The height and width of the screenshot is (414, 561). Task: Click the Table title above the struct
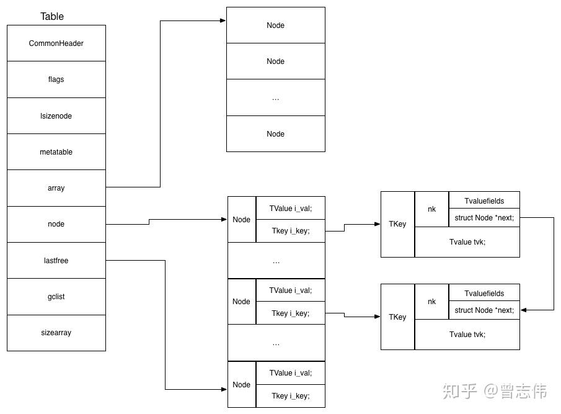point(52,17)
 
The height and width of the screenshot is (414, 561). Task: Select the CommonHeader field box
point(56,43)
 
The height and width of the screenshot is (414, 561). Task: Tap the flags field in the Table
point(56,79)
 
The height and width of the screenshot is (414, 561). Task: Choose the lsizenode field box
point(56,116)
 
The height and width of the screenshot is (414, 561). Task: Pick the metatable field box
point(56,152)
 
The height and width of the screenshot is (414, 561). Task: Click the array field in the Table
point(56,188)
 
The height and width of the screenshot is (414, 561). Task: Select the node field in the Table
point(56,224)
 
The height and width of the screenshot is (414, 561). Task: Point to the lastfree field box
point(56,261)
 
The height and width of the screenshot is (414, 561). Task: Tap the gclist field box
point(56,297)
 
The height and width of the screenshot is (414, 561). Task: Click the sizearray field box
point(56,333)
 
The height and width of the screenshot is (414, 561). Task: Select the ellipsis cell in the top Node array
point(275,97)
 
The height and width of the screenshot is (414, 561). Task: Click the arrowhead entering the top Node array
point(223,21)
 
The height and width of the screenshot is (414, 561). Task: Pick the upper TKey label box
point(397,224)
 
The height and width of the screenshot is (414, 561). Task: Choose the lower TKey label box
point(397,317)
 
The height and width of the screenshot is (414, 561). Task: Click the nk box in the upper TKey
point(431,209)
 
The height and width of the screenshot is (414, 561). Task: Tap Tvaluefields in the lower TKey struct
point(484,293)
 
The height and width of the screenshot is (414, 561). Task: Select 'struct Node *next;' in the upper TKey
point(484,218)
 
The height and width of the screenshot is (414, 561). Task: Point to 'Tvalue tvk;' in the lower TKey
point(467,335)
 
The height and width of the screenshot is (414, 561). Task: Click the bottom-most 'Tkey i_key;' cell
point(290,396)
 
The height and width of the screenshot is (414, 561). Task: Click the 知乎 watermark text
point(459,391)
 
